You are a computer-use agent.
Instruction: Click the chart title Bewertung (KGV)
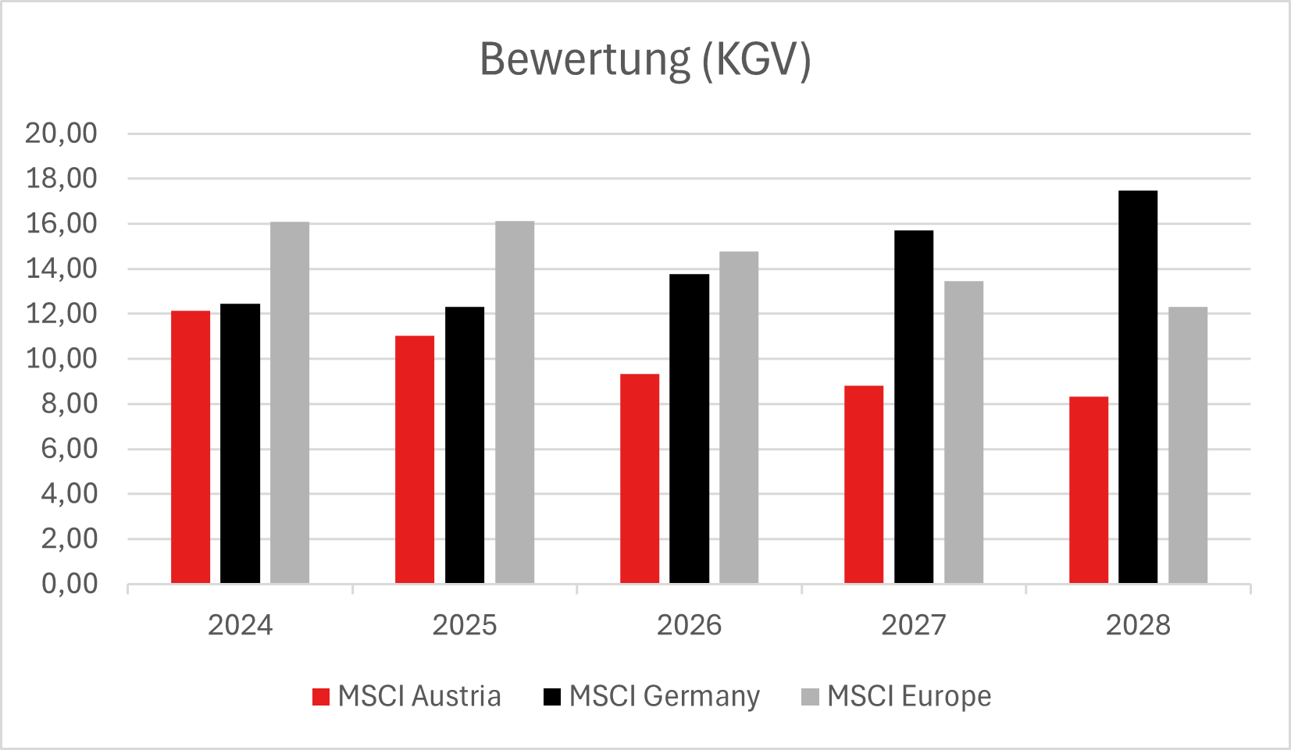pyautogui.click(x=645, y=59)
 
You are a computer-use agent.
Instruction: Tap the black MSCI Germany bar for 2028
pyautogui.click(x=1138, y=387)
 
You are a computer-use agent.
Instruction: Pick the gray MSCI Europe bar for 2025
pyautogui.click(x=515, y=402)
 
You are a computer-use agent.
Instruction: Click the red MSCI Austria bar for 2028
pyautogui.click(x=1088, y=490)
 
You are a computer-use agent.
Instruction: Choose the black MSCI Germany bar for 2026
pyautogui.click(x=689, y=428)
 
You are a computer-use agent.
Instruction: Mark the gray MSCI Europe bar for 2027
pyautogui.click(x=963, y=432)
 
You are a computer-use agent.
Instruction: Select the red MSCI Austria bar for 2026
pyautogui.click(x=640, y=478)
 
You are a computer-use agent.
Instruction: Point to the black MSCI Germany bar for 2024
pyautogui.click(x=240, y=443)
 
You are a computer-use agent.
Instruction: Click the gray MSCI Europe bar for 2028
pyautogui.click(x=1187, y=445)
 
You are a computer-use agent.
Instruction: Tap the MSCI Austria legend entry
pyautogui.click(x=406, y=696)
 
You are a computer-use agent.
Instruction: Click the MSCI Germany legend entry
pyautogui.click(x=651, y=696)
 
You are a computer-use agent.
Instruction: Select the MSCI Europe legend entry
pyautogui.click(x=896, y=696)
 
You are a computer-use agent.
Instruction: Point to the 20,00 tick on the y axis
pyautogui.click(x=61, y=133)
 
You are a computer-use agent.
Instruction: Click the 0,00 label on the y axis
pyautogui.click(x=70, y=584)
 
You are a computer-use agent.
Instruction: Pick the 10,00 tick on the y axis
pyautogui.click(x=61, y=359)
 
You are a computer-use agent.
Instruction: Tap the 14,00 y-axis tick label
pyautogui.click(x=61, y=268)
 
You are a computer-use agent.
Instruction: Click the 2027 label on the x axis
pyautogui.click(x=913, y=625)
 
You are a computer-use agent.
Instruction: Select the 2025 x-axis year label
pyautogui.click(x=464, y=625)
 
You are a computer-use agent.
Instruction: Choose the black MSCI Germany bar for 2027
pyautogui.click(x=914, y=407)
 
